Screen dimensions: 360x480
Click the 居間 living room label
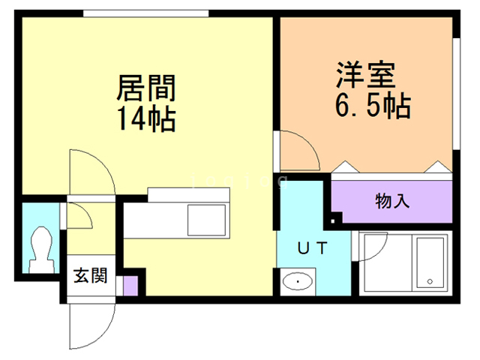click(x=146, y=89)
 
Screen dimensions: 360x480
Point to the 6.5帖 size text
click(x=372, y=106)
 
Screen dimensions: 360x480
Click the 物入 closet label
click(x=392, y=201)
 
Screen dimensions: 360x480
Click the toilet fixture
click(x=41, y=247)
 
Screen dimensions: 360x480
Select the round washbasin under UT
click(x=299, y=282)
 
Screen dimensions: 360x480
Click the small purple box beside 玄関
click(x=130, y=286)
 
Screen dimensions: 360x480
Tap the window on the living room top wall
click(x=145, y=13)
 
